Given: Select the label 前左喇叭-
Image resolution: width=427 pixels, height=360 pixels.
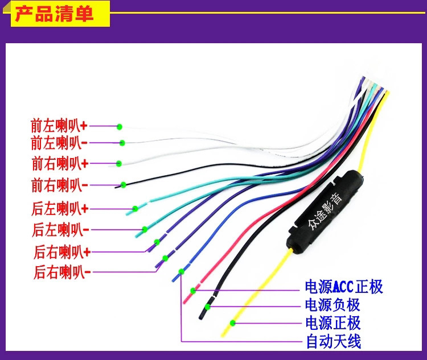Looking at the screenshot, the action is (59, 142).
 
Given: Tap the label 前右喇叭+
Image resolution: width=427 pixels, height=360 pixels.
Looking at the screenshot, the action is (59, 164).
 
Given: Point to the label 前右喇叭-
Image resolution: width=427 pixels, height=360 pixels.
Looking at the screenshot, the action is (59, 185).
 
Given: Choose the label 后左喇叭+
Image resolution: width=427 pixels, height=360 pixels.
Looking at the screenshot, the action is (59, 209).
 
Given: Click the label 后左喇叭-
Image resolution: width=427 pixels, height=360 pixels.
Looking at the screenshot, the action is (59, 230).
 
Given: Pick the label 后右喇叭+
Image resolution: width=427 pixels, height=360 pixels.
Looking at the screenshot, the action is (61, 251).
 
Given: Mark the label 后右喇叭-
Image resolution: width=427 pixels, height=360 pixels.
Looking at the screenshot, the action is (61, 272).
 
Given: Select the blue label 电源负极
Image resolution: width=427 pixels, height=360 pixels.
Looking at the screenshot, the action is (332, 305).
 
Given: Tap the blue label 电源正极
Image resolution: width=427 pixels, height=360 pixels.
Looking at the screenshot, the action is (332, 324).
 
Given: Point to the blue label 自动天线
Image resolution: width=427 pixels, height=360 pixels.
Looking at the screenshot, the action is (332, 342).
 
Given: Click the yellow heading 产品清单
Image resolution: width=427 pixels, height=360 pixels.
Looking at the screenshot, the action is (54, 13).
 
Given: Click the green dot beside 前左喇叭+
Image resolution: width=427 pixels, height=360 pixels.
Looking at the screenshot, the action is (120, 126).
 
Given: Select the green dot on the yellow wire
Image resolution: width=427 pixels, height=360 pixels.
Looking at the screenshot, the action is (232, 324).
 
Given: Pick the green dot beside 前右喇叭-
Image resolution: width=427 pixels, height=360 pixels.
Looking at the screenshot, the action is (124, 185).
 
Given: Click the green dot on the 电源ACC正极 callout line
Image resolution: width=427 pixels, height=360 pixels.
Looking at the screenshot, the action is (194, 291).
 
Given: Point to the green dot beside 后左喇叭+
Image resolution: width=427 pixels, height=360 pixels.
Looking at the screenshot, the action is (136, 208).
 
